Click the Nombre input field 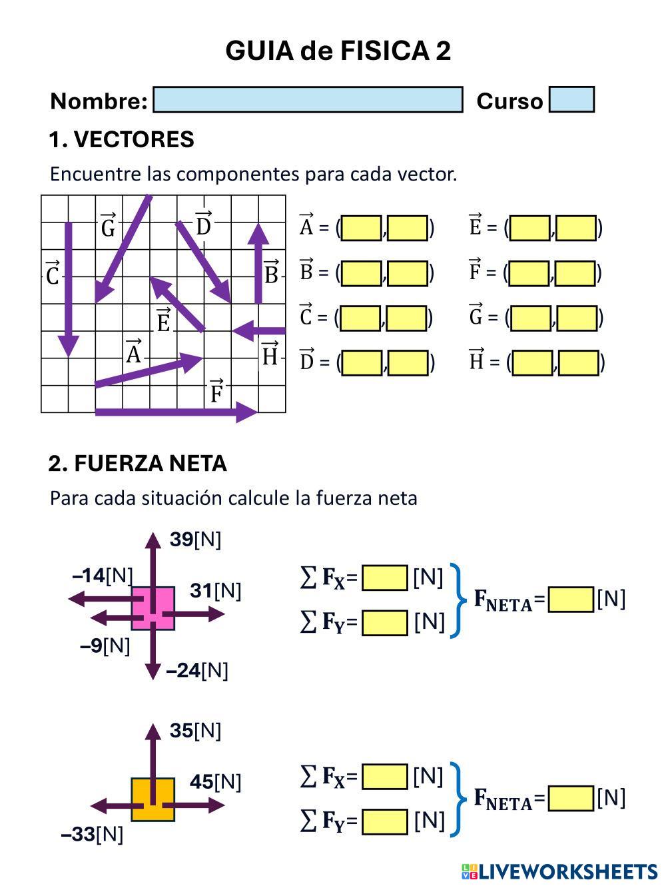(x=308, y=100)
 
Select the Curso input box (x=571, y=100)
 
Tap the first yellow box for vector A (x=362, y=228)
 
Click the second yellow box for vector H (x=578, y=363)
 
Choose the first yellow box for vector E (x=530, y=228)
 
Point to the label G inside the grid (x=108, y=226)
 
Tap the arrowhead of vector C (x=68, y=345)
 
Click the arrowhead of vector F (x=248, y=412)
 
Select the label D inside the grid (x=203, y=224)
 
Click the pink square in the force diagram (x=153, y=608)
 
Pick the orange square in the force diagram (x=153, y=799)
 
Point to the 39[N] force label (x=195, y=540)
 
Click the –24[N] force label (x=197, y=670)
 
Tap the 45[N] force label (x=215, y=781)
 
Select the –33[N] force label (x=92, y=834)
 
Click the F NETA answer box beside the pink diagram (x=571, y=600)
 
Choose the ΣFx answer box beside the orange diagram (x=384, y=777)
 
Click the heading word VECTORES (x=134, y=140)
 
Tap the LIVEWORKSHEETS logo (x=559, y=871)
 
